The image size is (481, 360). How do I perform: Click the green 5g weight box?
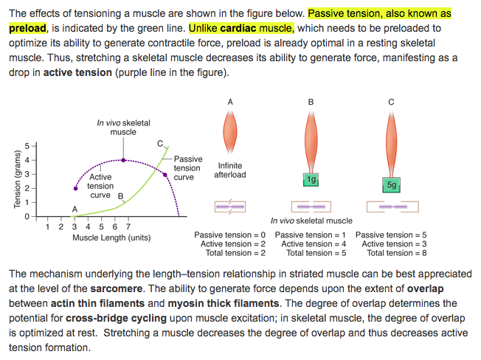[x=392, y=185]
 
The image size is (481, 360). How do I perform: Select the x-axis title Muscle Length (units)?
[x=111, y=238]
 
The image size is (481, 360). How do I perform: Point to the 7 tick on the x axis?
[x=128, y=226]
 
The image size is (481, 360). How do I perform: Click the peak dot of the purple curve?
[x=123, y=159]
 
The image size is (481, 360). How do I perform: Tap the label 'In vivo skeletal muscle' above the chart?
[x=123, y=127]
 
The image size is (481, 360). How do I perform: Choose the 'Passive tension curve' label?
[x=188, y=168]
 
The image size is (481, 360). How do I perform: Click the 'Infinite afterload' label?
[x=230, y=170]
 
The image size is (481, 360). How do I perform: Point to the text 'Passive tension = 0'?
[x=229, y=235]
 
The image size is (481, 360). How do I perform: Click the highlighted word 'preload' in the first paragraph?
[x=27, y=27]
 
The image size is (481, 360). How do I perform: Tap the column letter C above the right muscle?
[x=391, y=100]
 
